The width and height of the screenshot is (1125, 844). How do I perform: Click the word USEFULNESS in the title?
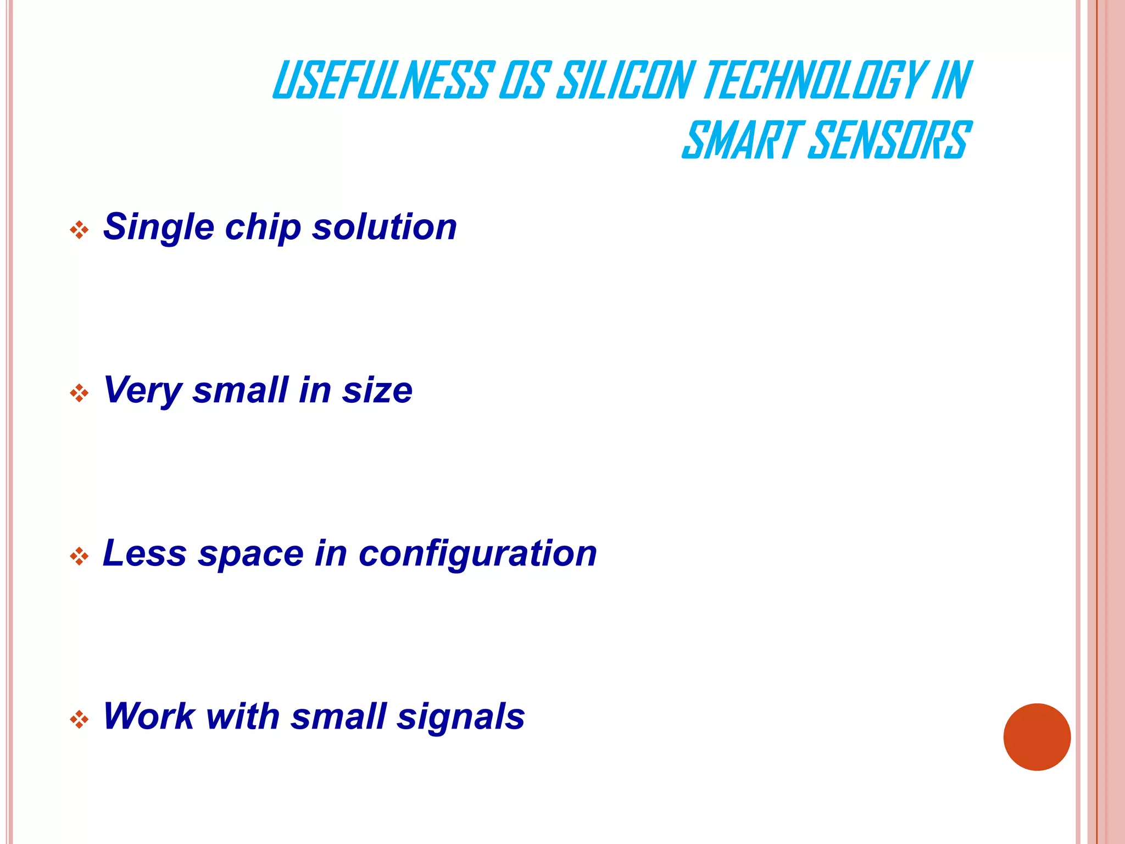click(380, 80)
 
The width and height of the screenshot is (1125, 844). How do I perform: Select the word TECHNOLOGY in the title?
click(813, 80)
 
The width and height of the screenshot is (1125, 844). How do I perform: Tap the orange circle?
click(1037, 737)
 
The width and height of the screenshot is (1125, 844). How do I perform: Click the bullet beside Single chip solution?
click(79, 230)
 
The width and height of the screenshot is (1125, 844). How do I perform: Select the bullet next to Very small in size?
click(79, 393)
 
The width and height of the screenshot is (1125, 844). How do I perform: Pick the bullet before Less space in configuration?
click(79, 556)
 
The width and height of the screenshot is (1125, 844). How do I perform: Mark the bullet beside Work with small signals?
click(79, 719)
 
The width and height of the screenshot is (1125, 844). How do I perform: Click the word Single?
click(158, 227)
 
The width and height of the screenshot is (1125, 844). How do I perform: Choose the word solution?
click(384, 226)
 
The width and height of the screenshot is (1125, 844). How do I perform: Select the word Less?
click(144, 553)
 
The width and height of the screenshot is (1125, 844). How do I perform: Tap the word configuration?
click(477, 554)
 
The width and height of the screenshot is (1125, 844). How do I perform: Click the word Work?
click(149, 716)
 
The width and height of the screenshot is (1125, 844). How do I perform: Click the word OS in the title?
click(521, 80)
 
